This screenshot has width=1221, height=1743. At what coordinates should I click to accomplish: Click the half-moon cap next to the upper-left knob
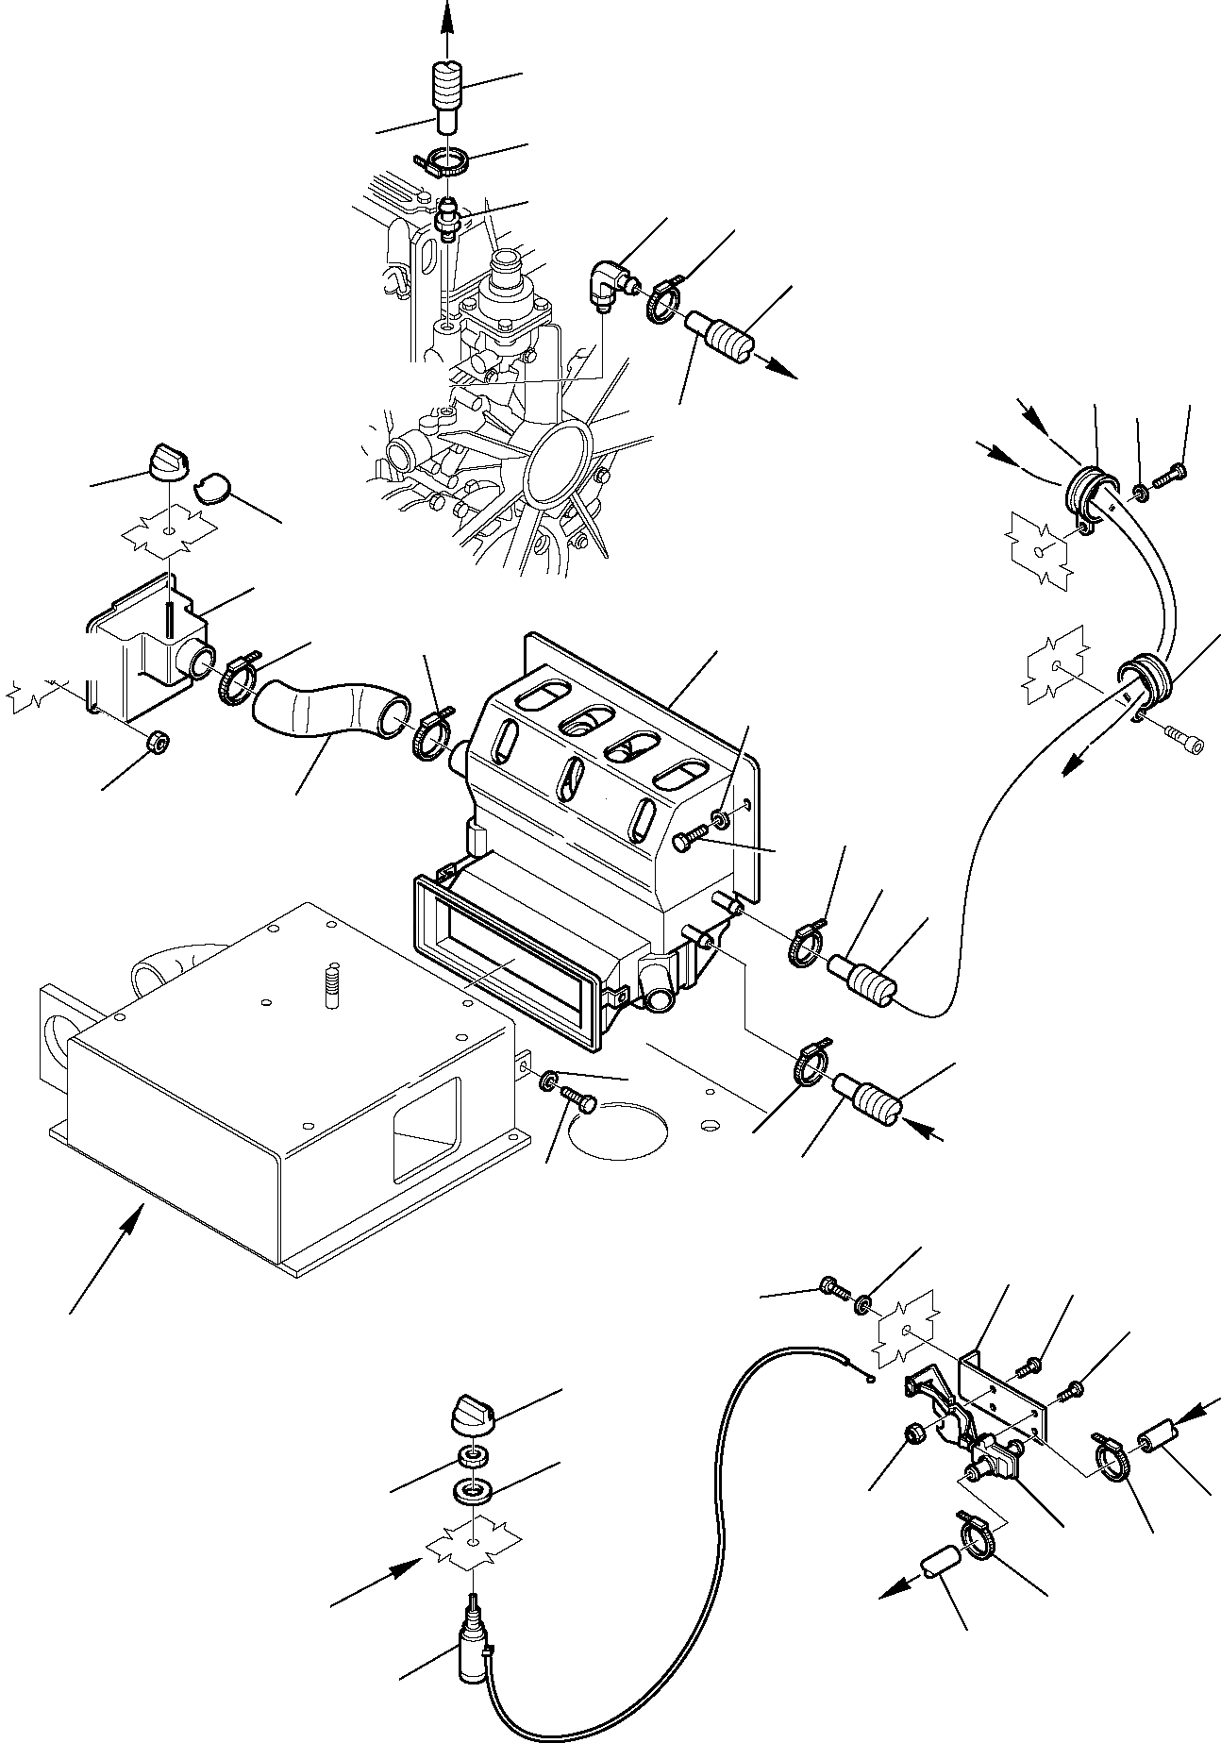[x=211, y=487]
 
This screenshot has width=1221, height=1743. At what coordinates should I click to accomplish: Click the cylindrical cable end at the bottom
[x=472, y=1652]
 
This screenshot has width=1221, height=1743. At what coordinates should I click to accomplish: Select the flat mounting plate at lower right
[x=1005, y=1387]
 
